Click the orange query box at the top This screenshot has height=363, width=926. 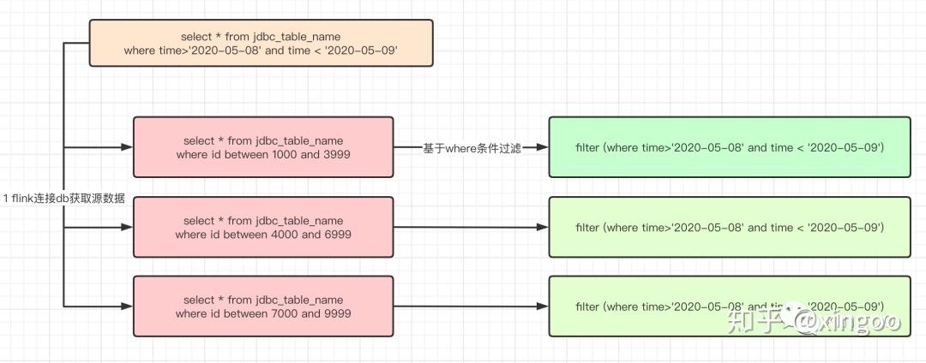pos(262,44)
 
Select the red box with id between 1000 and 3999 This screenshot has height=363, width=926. pos(263,147)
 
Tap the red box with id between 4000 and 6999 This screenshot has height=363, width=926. pos(263,227)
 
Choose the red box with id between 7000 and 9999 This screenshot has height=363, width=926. pos(263,306)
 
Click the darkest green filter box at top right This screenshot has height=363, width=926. pos(730,147)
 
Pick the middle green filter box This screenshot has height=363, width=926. pos(730,227)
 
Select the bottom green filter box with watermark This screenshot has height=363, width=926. pos(730,306)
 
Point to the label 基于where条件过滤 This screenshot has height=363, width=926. pos(472,148)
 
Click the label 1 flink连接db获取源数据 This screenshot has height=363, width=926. pos(64,199)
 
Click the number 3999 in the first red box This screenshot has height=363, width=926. pos(336,155)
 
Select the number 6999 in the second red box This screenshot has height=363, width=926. pos(336,235)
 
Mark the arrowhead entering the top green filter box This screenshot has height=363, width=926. pos(542,147)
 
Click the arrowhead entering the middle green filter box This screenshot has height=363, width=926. pos(542,228)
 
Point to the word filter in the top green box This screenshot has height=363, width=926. pos(587,148)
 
